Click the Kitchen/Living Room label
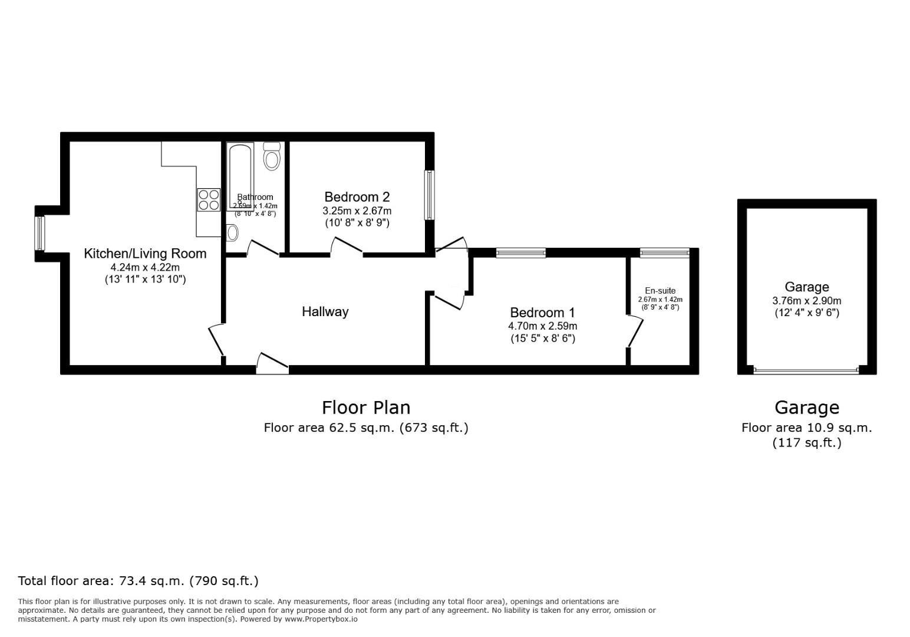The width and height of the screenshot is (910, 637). (145, 254)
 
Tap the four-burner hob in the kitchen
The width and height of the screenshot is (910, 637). (209, 199)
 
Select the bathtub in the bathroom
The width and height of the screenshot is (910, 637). (240, 176)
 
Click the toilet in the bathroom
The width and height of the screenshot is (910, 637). (272, 156)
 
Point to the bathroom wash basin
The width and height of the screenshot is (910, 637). (232, 233)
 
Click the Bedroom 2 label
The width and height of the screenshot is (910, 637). (357, 197)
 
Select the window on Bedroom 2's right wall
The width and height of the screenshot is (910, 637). (430, 195)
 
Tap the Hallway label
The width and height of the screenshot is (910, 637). (325, 311)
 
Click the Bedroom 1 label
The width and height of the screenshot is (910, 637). (542, 313)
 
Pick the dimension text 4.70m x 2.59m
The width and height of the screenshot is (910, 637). (542, 326)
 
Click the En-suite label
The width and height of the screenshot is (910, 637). (660, 291)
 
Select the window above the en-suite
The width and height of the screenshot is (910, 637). (664, 253)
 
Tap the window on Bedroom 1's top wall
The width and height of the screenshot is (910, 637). (520, 253)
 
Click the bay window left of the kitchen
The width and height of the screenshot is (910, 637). (39, 233)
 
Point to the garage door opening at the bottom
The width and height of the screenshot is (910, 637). (806, 371)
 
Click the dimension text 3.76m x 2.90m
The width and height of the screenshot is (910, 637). (806, 301)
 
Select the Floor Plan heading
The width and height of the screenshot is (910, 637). (365, 408)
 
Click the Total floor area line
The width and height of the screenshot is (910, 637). (139, 581)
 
